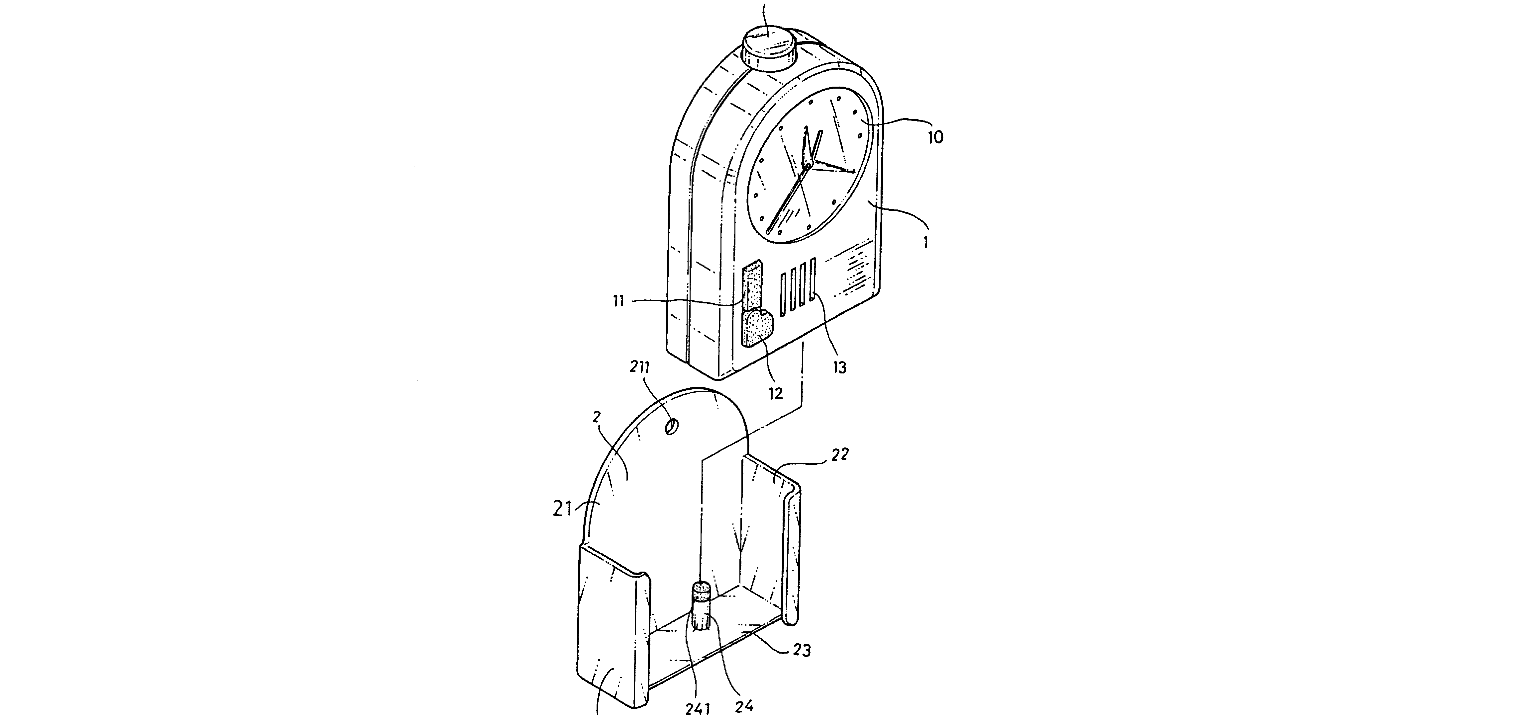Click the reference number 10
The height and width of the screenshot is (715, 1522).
[x=935, y=137]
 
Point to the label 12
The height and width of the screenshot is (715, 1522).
[x=775, y=393]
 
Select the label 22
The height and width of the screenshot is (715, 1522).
[x=840, y=454]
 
